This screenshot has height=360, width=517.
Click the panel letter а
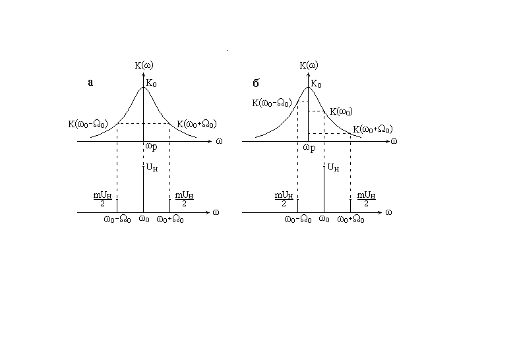(x=91, y=82)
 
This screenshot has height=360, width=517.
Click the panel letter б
(x=256, y=82)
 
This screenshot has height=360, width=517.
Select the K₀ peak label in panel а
(x=151, y=84)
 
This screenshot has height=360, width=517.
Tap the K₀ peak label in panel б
(x=316, y=84)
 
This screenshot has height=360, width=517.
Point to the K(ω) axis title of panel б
(x=309, y=65)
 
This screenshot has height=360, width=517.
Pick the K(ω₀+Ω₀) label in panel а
(x=197, y=123)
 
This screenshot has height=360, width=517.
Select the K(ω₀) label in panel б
(x=340, y=111)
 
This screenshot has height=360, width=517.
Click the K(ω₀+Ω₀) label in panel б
(x=373, y=129)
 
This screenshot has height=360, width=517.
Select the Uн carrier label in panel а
(x=152, y=168)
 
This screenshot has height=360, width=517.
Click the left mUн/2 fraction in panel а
(x=102, y=199)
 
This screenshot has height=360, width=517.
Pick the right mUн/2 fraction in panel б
(x=366, y=199)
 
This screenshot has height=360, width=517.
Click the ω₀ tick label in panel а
(x=143, y=220)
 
